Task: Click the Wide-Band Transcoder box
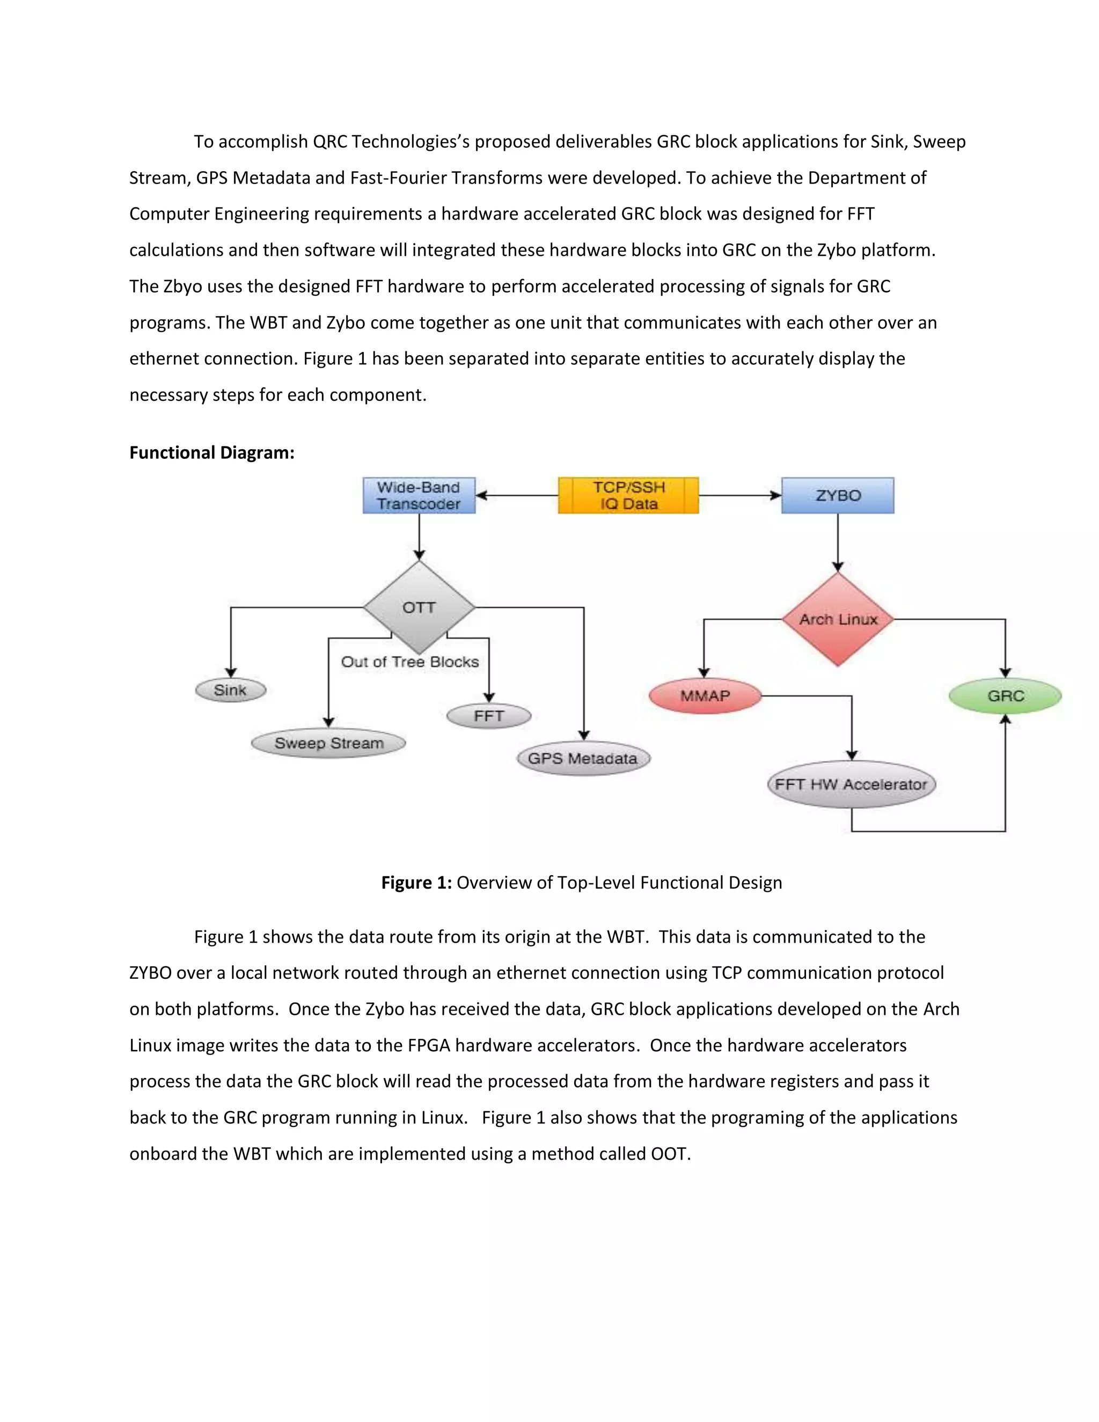point(419,495)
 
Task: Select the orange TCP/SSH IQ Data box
point(628,495)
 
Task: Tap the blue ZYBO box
point(837,495)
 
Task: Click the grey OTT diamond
point(419,607)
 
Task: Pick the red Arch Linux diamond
point(838,619)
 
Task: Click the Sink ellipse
point(230,690)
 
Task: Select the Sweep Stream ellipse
point(329,743)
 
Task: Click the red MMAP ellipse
point(705,696)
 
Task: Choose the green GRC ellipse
point(1005,696)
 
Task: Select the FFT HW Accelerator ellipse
point(851,785)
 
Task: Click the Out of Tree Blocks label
point(409,662)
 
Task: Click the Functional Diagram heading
point(211,452)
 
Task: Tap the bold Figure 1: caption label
point(416,882)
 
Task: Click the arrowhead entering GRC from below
point(1005,720)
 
